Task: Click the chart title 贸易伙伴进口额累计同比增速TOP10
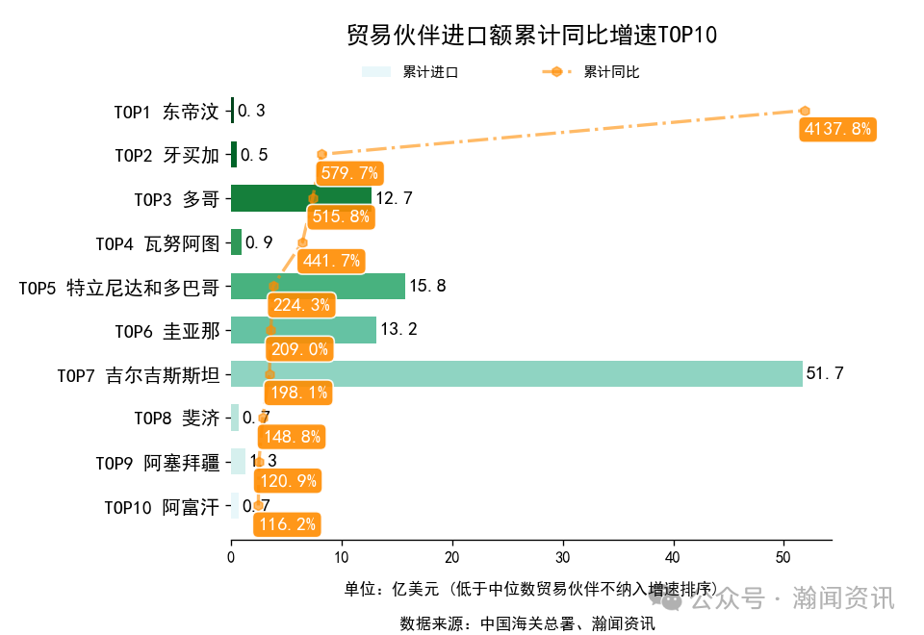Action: [x=531, y=36]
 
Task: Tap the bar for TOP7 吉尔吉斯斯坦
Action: [x=516, y=373]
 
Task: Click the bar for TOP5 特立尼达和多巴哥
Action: [x=318, y=286]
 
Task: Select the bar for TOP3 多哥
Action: [x=300, y=198]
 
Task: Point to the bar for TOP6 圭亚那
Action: [x=303, y=330]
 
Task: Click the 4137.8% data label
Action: [x=836, y=129]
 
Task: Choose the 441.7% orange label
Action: [x=331, y=261]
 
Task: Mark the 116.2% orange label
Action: [x=286, y=524]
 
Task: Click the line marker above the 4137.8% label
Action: [x=805, y=112]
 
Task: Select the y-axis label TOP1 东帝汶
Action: [x=167, y=112]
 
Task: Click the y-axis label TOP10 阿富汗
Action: [x=162, y=507]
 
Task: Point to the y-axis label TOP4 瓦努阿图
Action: [x=158, y=243]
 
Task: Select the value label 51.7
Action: [x=825, y=373]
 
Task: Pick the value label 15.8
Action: [x=427, y=286]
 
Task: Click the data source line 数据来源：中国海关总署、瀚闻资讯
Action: [x=527, y=623]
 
